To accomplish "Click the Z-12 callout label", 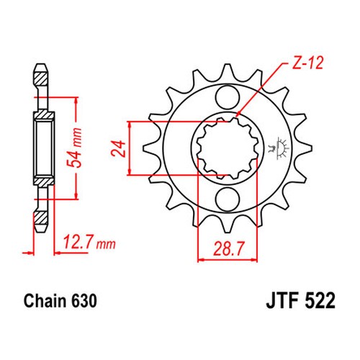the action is (x=308, y=63).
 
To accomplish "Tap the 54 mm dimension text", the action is (x=74, y=148).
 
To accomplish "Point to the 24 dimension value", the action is (x=118, y=149).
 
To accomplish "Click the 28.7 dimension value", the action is (x=228, y=248).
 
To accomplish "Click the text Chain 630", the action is (x=60, y=301).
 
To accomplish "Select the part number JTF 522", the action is (x=300, y=301).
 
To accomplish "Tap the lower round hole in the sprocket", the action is (x=228, y=199).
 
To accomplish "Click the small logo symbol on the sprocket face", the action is (x=279, y=148).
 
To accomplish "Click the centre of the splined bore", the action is (x=228, y=148).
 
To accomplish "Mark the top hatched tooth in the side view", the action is (x=41, y=77).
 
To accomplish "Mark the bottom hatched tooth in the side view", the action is (x=41, y=219).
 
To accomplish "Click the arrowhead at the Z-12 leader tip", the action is (x=238, y=114).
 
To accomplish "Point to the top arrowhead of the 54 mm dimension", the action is (x=76, y=100).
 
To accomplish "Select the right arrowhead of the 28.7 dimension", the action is (x=254, y=259).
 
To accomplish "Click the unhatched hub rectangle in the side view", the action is (x=44, y=148).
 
